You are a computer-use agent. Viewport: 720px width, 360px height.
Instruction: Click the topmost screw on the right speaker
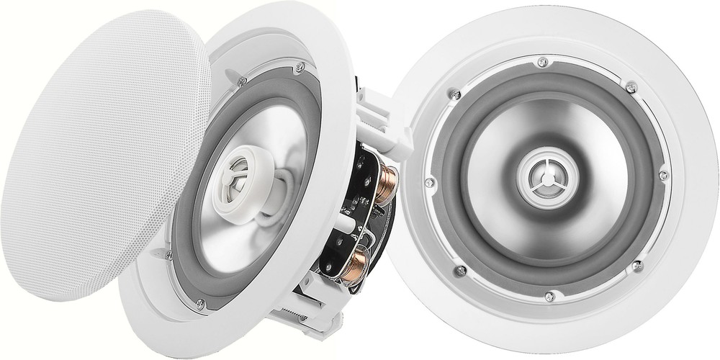point(542,63)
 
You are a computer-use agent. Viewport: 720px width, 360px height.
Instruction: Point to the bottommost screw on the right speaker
point(550,295)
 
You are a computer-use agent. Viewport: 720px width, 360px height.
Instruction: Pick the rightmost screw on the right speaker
point(663,175)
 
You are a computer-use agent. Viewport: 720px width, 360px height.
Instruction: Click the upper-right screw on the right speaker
point(631,87)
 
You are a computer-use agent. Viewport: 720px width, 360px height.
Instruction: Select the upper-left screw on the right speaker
point(454,93)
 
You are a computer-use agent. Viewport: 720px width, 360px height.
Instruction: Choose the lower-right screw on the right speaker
point(636,266)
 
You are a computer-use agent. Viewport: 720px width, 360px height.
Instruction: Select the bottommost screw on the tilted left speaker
point(199,304)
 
